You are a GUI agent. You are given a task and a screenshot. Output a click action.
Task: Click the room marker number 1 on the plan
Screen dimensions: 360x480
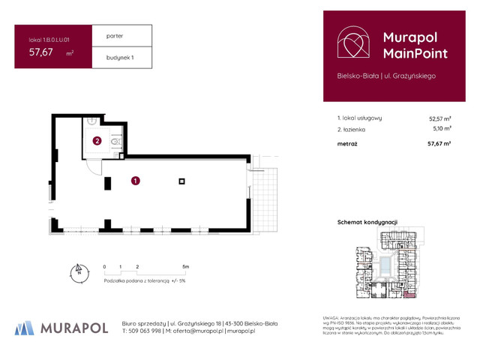coord(135,180)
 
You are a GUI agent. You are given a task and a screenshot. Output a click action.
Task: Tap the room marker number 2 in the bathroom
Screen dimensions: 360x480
coord(97,140)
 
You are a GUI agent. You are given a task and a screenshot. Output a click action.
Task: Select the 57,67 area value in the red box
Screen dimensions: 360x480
coord(41,52)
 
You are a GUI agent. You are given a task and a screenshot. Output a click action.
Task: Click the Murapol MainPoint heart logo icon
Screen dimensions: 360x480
coord(353,44)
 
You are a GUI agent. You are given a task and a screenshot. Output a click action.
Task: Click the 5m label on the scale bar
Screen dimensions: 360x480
coord(185,266)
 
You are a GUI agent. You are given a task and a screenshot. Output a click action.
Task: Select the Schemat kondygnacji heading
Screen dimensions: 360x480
coord(367,223)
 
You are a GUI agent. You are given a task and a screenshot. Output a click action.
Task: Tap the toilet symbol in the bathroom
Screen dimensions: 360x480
coord(115,140)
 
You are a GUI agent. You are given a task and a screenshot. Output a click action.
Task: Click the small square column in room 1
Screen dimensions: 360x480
coord(181,180)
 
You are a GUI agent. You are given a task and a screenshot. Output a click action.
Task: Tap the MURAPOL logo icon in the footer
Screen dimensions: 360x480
coord(25,328)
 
